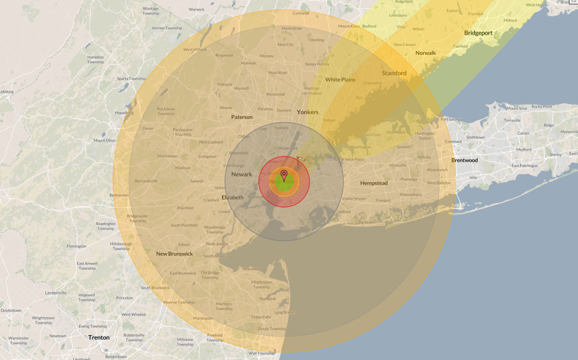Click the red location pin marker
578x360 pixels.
[284, 175]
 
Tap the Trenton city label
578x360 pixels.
[99, 337]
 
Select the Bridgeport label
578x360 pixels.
[478, 33]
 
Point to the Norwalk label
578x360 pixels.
[425, 53]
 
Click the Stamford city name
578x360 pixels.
[394, 73]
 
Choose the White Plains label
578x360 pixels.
[340, 80]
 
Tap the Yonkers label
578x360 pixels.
[307, 112]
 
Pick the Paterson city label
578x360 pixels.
[242, 117]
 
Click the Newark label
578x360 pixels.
[242, 174]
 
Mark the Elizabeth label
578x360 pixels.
[233, 197]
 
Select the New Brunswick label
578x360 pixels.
[175, 254]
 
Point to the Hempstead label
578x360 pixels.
[373, 183]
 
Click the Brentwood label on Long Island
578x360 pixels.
[464, 160]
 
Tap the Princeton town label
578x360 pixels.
[124, 297]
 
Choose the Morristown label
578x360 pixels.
[167, 156]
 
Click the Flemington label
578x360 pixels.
[77, 246]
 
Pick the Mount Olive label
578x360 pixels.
[105, 140]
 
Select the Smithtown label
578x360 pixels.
[476, 137]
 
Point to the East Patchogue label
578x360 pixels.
[525, 166]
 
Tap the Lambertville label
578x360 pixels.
[56, 292]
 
